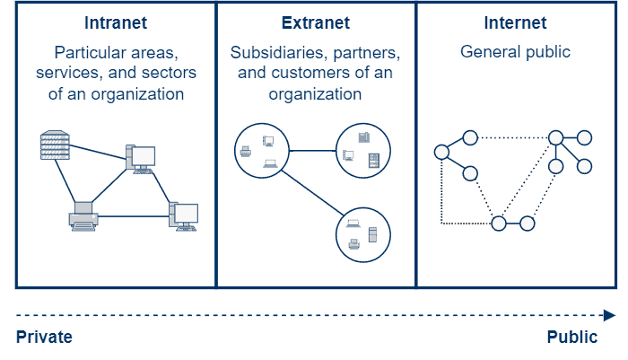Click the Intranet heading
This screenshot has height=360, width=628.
click(116, 22)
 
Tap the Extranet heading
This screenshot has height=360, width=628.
click(315, 22)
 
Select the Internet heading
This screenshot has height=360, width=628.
click(515, 22)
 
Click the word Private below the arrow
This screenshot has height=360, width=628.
click(44, 338)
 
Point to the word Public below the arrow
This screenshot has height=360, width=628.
click(572, 338)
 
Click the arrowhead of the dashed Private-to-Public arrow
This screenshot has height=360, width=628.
click(609, 315)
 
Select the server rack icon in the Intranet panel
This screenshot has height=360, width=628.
click(55, 145)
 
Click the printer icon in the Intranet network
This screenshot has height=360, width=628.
click(83, 217)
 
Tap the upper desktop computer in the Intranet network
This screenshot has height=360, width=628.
click(141, 159)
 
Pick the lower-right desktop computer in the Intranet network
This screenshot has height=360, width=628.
click(184, 216)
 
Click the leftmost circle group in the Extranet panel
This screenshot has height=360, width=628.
click(261, 151)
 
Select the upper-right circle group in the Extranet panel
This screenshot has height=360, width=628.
click(363, 149)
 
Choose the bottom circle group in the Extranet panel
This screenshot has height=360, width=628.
click(363, 235)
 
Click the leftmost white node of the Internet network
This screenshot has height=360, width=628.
click(441, 153)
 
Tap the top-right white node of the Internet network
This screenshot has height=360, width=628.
click(585, 137)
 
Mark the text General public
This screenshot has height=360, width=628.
click(515, 52)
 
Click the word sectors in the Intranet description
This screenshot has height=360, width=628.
click(168, 73)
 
